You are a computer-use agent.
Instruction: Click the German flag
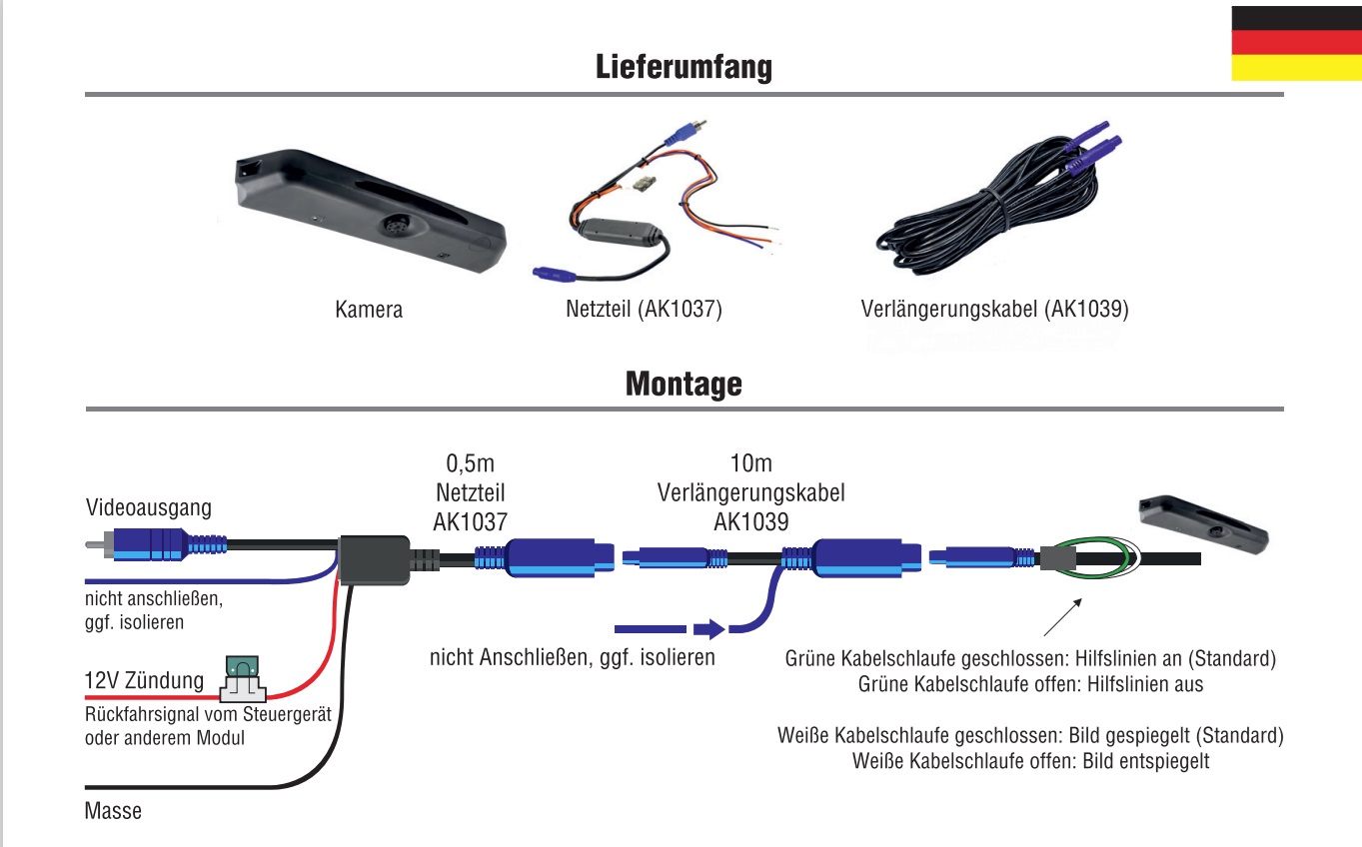point(1296,43)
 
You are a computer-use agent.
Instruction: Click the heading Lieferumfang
point(683,67)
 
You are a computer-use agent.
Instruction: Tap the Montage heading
point(683,384)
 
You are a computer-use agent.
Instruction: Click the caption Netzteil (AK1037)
point(644,310)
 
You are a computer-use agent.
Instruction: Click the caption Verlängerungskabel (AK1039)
point(994,310)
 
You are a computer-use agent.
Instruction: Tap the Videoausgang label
point(149,507)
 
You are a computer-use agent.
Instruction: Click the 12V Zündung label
point(144,681)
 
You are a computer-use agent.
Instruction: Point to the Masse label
point(113,810)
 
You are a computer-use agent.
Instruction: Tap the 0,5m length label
point(471,463)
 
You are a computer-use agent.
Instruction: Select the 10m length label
point(750,463)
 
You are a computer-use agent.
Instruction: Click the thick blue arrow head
point(708,629)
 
